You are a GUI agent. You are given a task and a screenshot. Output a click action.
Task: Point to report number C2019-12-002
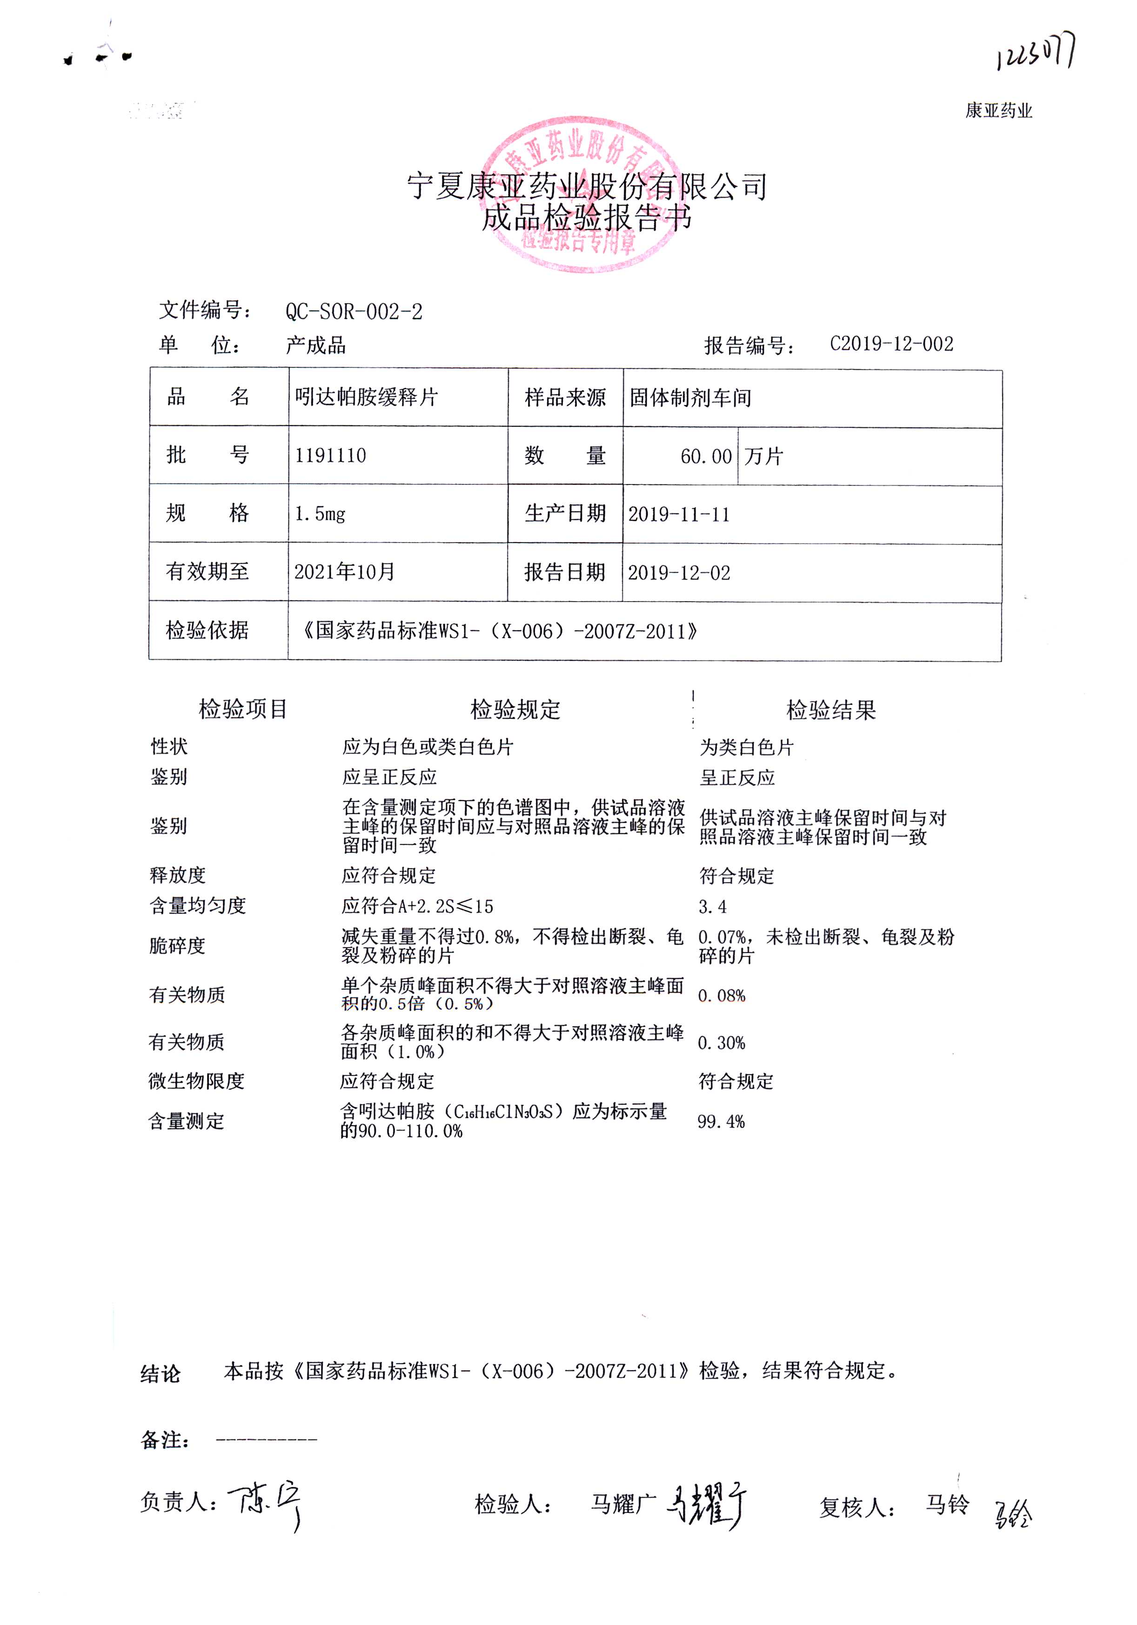[x=891, y=344]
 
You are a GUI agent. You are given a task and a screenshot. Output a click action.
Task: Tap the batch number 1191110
[x=331, y=455]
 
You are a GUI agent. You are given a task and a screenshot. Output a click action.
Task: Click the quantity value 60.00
[x=705, y=457]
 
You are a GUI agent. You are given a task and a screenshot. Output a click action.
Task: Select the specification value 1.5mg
[x=320, y=513]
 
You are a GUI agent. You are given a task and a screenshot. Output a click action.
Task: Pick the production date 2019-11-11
[x=678, y=515]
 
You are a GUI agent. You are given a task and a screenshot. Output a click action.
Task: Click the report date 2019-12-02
[x=678, y=572]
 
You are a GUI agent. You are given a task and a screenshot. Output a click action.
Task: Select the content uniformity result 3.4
[x=712, y=906]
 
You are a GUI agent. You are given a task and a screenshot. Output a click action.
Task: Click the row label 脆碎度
[x=177, y=946]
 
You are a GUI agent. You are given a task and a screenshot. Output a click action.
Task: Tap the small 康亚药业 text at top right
[x=998, y=110]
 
